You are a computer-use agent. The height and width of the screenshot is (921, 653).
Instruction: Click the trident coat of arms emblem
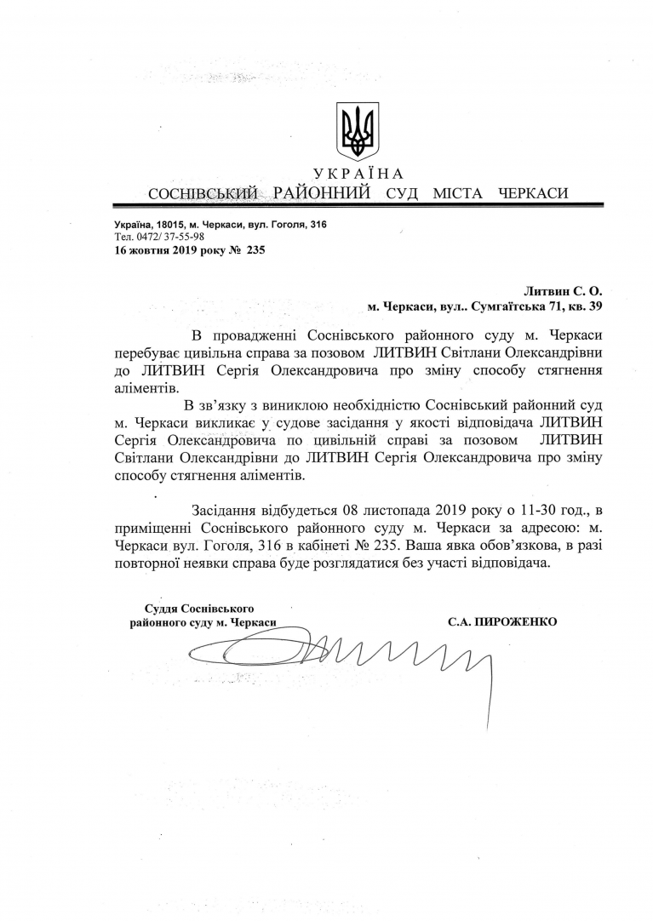click(x=358, y=132)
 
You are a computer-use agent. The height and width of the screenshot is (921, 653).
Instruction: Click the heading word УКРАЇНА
click(x=358, y=174)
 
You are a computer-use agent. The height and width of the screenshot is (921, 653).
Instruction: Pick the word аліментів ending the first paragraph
click(x=140, y=386)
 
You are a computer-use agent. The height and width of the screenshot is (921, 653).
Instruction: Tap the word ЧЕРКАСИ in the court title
click(x=531, y=193)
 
